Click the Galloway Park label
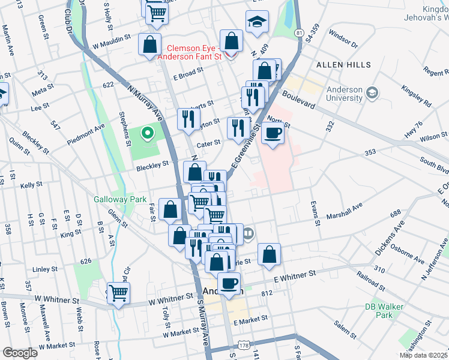pos(112,199)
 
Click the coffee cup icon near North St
pos(273,133)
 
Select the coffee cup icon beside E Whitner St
pos(228,283)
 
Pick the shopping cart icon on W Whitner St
pos(118,293)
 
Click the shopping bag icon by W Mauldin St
pos(149,44)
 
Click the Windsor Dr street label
pos(343,44)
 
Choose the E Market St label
pos(249,322)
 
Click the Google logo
pos(20,353)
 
